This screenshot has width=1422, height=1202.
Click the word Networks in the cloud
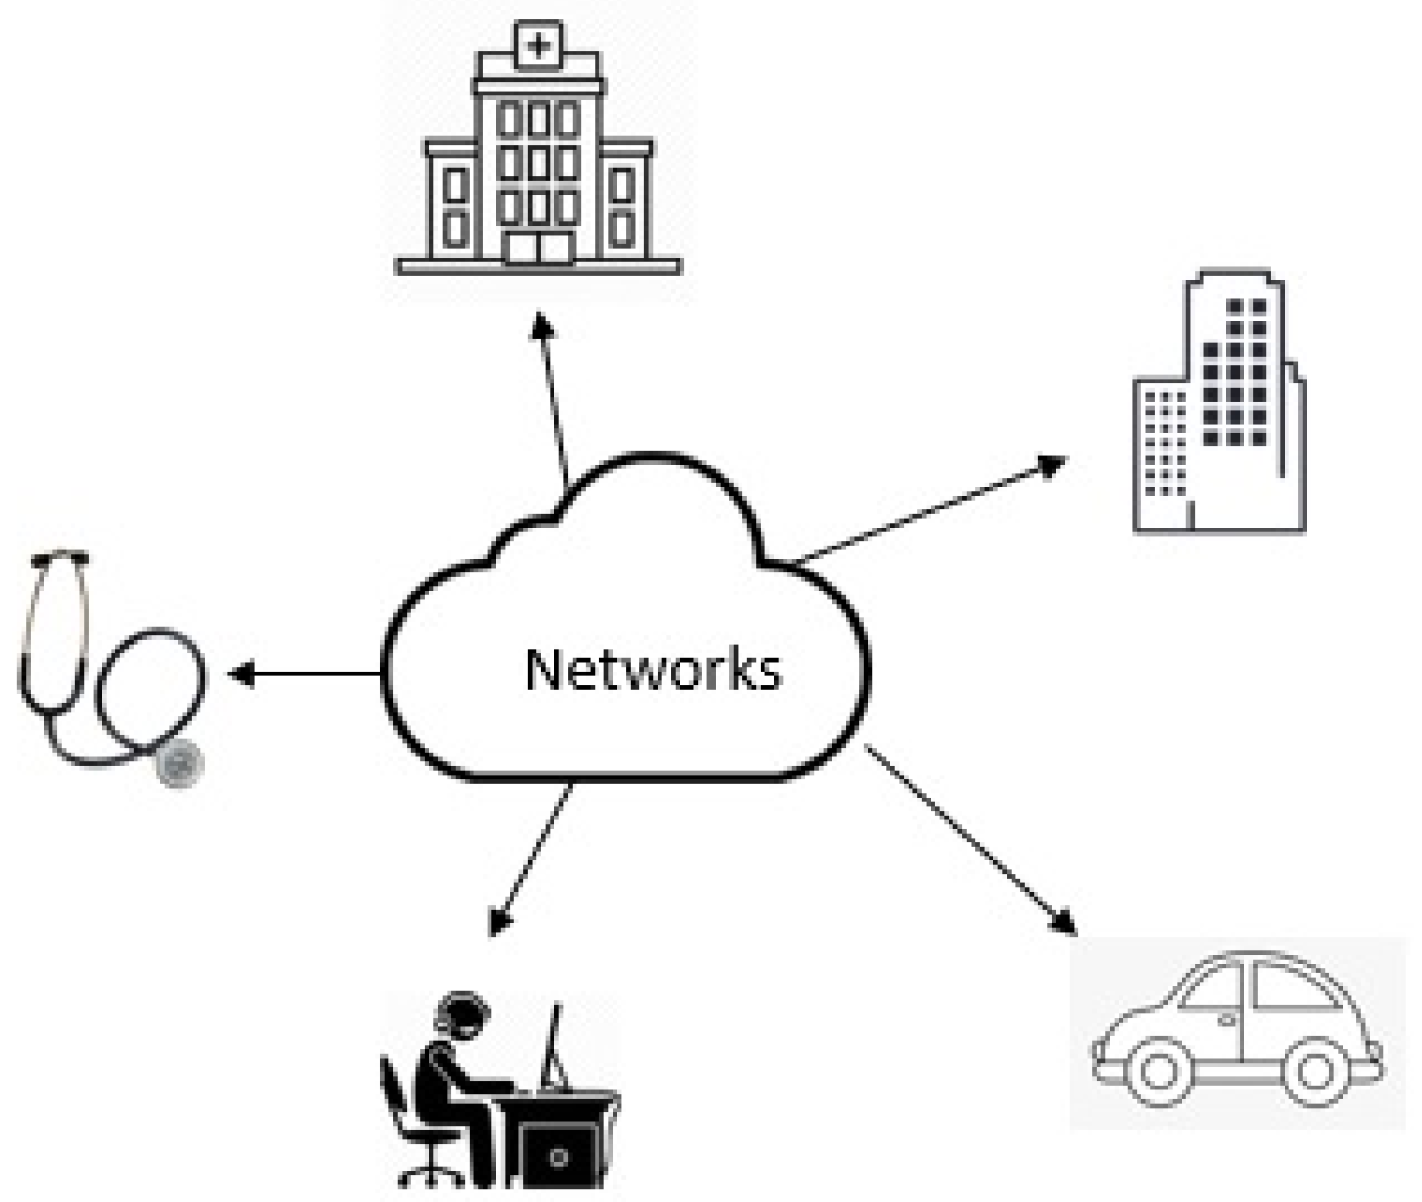click(x=653, y=669)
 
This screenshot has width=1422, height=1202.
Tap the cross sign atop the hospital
click(x=539, y=44)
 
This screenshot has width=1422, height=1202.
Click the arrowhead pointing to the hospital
click(x=543, y=325)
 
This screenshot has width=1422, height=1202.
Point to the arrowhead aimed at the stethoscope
click(x=239, y=674)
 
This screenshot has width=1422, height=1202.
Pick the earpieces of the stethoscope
click(x=59, y=558)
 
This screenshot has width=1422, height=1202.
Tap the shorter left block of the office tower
click(x=1162, y=453)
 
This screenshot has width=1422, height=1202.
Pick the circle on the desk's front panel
click(x=558, y=1157)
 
